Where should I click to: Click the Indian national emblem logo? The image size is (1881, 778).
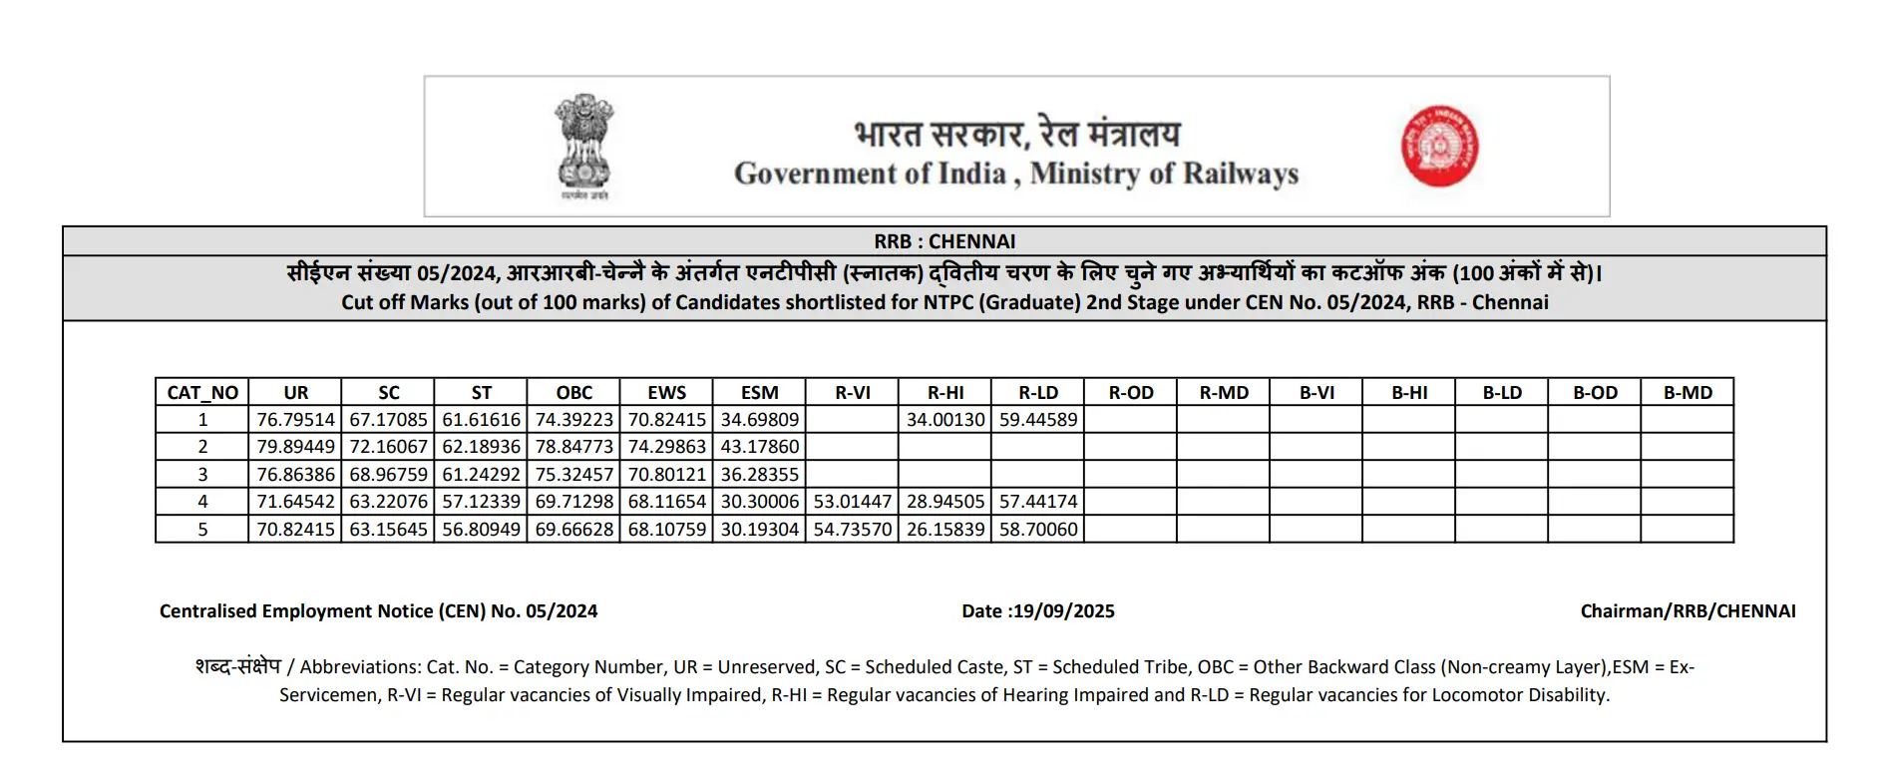click(x=583, y=147)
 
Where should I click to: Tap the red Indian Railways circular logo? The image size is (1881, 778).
click(x=1439, y=147)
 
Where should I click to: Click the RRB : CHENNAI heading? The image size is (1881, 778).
click(x=944, y=241)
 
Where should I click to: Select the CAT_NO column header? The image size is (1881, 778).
click(x=202, y=393)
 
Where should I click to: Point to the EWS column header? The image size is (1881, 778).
click(x=666, y=393)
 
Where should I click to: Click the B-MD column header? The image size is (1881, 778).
click(x=1688, y=393)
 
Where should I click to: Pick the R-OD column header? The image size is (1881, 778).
click(x=1131, y=393)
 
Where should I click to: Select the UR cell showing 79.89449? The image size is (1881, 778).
click(x=295, y=447)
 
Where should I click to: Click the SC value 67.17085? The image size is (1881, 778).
click(x=388, y=420)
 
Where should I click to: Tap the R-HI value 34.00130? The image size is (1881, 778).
click(x=945, y=420)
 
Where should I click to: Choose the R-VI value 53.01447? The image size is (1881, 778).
click(x=853, y=502)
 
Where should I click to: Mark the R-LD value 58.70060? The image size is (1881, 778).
click(x=1038, y=530)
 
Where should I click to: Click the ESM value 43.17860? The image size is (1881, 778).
click(x=760, y=447)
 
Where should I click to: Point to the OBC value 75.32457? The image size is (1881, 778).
click(x=574, y=475)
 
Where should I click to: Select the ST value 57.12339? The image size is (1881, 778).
click(x=482, y=502)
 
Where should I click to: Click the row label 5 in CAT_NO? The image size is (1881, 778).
click(x=202, y=530)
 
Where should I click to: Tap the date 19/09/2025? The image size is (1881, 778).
click(x=1063, y=611)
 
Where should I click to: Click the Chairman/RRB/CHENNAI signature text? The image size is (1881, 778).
click(x=1688, y=611)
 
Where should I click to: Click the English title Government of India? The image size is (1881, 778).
click(x=870, y=174)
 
